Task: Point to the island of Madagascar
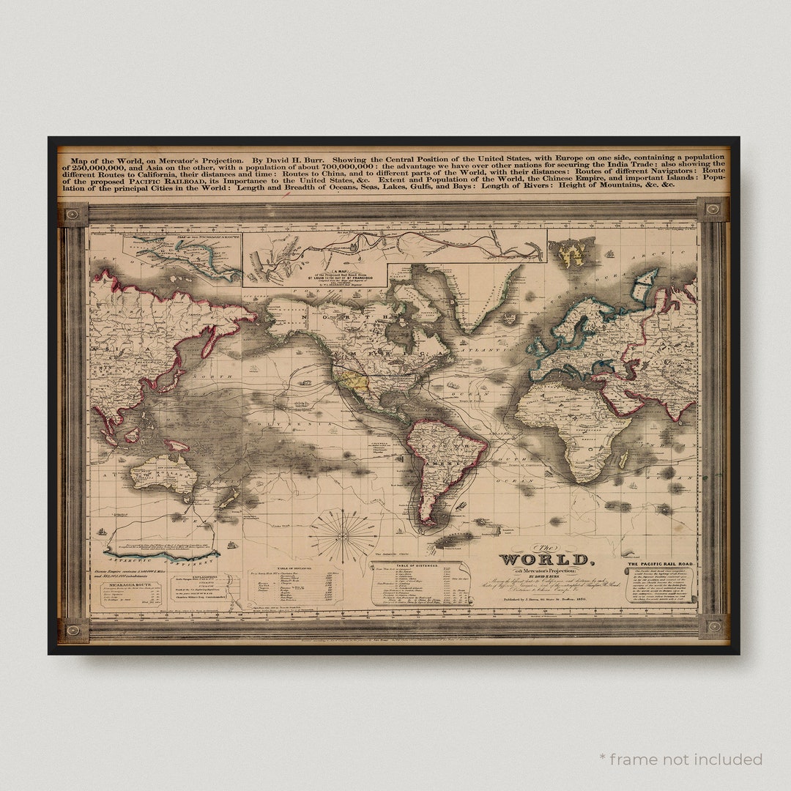coord(624,459)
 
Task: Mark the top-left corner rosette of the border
coord(73,215)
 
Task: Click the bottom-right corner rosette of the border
coord(713,627)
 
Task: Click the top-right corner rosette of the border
coord(713,210)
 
